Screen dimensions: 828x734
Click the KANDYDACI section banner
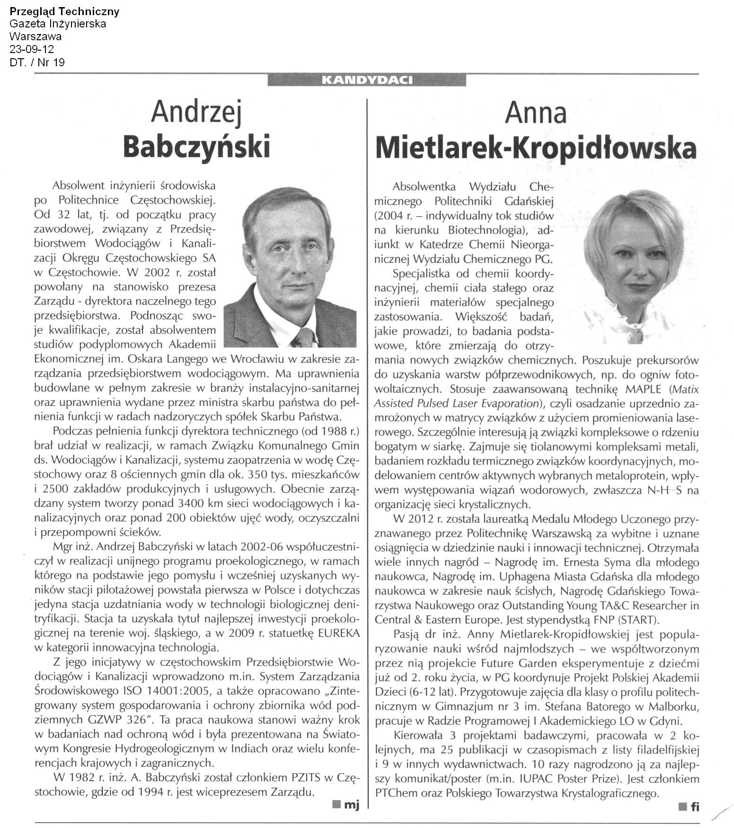pyautogui.click(x=367, y=80)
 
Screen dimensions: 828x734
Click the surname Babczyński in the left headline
pyautogui.click(x=196, y=147)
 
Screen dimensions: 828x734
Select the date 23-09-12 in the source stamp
pyautogui.click(x=32, y=49)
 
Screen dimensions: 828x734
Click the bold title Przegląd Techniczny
pyautogui.click(x=64, y=11)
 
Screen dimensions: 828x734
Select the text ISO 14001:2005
pyautogui.click(x=149, y=691)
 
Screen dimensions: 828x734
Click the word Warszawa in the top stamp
pyautogui.click(x=35, y=36)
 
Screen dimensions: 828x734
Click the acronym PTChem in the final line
pyautogui.click(x=394, y=793)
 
